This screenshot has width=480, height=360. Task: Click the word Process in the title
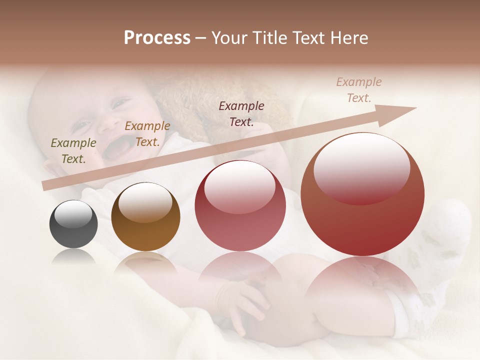tap(157, 38)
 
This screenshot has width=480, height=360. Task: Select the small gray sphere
tap(73, 224)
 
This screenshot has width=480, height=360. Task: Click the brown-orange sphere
tap(145, 217)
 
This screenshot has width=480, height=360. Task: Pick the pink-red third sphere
tap(240, 205)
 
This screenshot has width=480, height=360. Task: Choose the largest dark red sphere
tap(362, 194)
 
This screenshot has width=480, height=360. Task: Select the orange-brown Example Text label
tap(147, 134)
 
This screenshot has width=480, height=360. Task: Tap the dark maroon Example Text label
tap(241, 113)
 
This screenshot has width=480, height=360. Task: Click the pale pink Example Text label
tap(358, 90)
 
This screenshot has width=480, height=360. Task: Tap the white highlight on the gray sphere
tap(73, 213)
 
